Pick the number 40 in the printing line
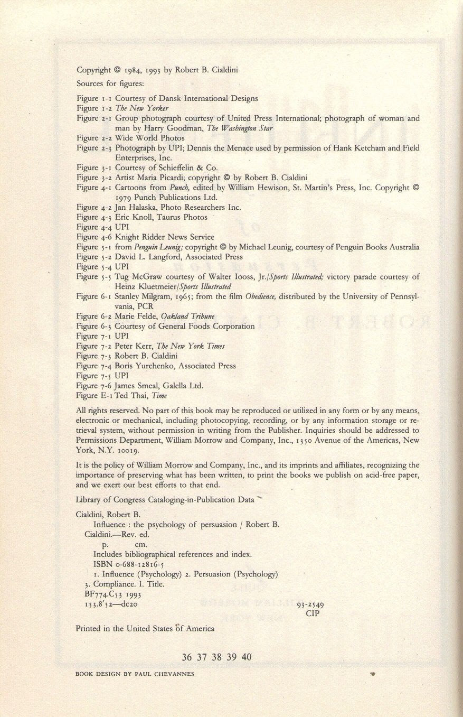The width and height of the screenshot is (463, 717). click(x=247, y=657)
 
